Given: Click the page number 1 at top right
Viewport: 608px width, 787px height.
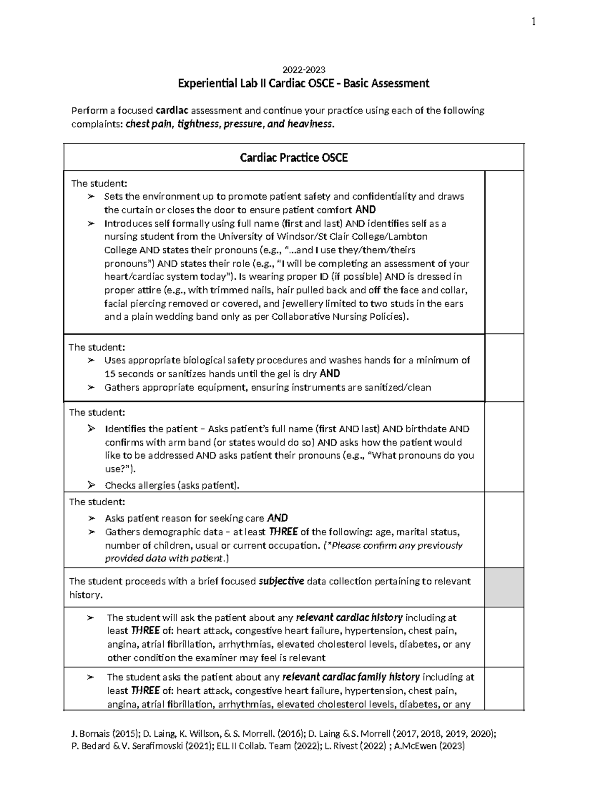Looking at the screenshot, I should (x=534, y=21).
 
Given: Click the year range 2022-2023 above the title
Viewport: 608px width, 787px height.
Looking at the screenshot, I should (x=303, y=70).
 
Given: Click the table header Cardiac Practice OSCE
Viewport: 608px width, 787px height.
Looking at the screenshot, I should (x=293, y=158).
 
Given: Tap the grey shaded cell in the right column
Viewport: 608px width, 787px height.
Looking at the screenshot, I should (x=504, y=587).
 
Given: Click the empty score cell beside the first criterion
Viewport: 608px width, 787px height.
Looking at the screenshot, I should (x=504, y=252).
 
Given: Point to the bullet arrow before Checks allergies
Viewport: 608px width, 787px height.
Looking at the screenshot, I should (x=91, y=485).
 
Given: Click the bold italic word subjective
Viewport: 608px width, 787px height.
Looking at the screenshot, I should (x=281, y=581).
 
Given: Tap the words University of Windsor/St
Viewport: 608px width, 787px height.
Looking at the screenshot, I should (x=267, y=237).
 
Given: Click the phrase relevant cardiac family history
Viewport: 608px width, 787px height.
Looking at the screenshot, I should (x=351, y=677).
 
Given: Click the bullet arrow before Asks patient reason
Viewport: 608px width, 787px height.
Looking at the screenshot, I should (x=91, y=518).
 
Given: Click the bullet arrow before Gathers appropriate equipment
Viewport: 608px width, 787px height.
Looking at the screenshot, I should (x=91, y=388).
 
